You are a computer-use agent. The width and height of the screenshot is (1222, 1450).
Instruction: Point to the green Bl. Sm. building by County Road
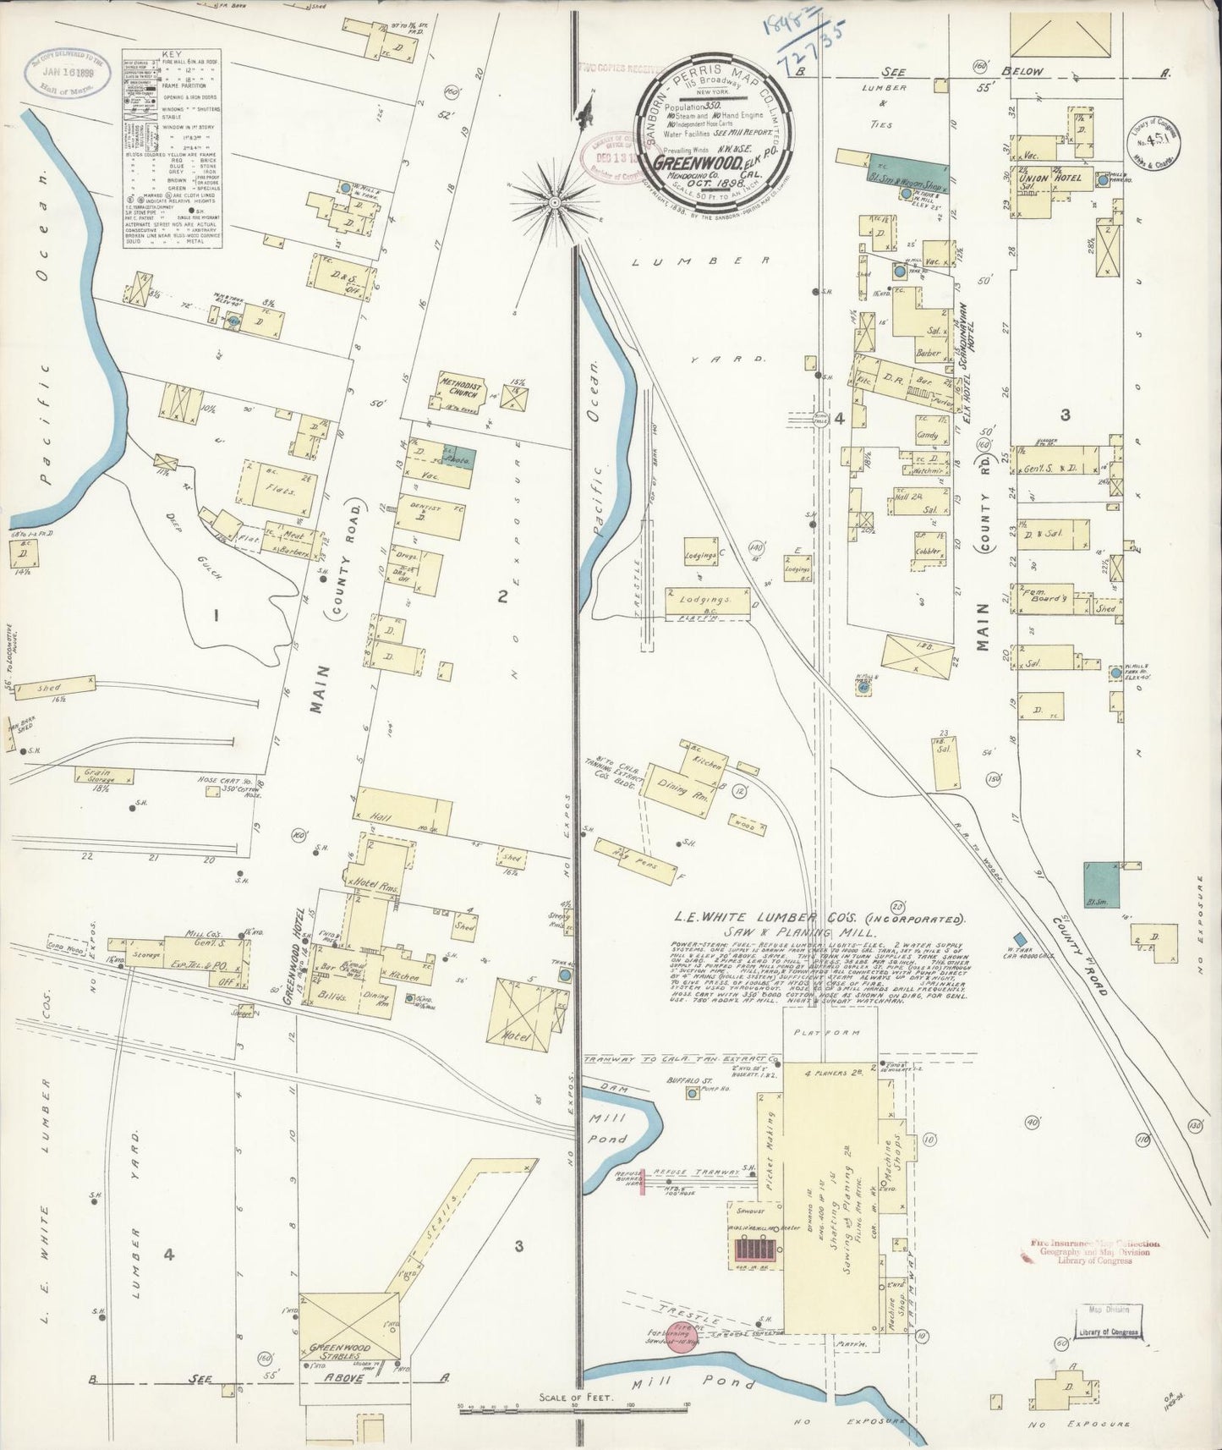pyautogui.click(x=1101, y=885)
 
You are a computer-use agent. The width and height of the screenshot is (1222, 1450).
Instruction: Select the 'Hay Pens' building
pyautogui.click(x=636, y=857)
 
